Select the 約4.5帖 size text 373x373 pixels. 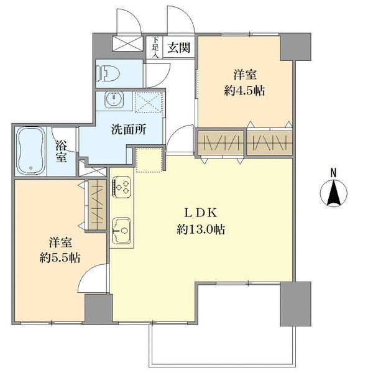244,90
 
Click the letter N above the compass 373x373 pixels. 333,172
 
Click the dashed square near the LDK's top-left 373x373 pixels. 149,161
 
